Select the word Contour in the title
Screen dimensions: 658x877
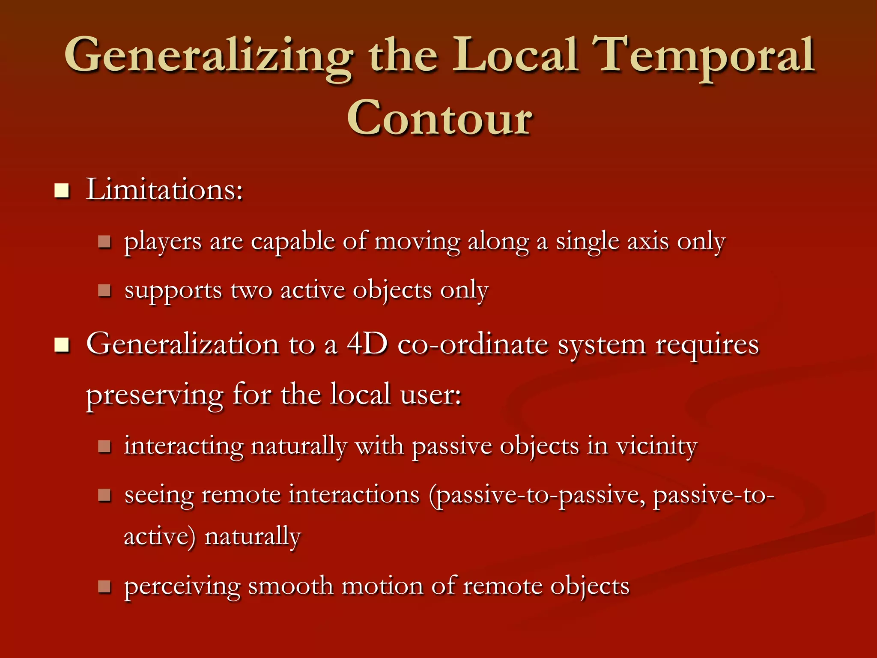(439, 118)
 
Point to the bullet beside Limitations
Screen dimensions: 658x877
(62, 190)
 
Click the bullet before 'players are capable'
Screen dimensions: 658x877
(104, 242)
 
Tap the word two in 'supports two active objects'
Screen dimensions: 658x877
(251, 290)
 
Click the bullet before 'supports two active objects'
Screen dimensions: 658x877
(104, 291)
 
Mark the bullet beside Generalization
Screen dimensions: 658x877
(62, 344)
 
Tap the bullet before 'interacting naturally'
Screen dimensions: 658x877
(104, 447)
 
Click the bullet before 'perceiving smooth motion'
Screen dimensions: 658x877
(104, 586)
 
